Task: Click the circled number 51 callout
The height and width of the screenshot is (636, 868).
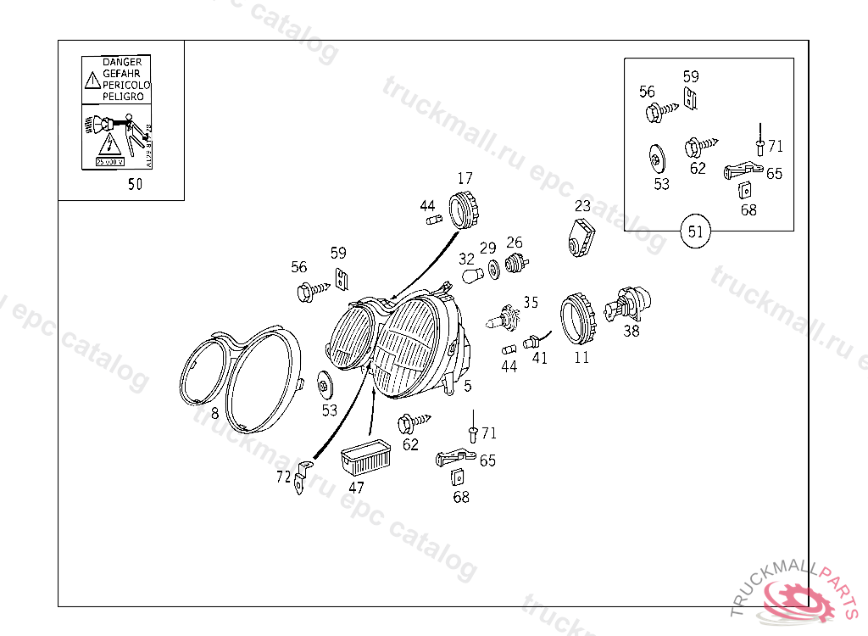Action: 695,232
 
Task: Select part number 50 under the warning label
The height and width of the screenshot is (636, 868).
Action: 135,184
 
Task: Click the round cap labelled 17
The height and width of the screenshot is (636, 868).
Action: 465,209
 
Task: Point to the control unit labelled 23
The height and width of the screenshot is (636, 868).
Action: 581,237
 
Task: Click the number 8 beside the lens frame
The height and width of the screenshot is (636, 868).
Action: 214,414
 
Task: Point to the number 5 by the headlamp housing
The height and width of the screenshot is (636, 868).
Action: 467,387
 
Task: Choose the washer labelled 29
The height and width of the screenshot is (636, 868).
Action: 493,272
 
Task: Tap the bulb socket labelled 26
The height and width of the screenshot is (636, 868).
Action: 514,264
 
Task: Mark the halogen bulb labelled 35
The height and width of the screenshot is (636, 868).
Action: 506,319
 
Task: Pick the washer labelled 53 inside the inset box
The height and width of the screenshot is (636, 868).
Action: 656,159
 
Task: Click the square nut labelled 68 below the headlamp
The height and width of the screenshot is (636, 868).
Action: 458,477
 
